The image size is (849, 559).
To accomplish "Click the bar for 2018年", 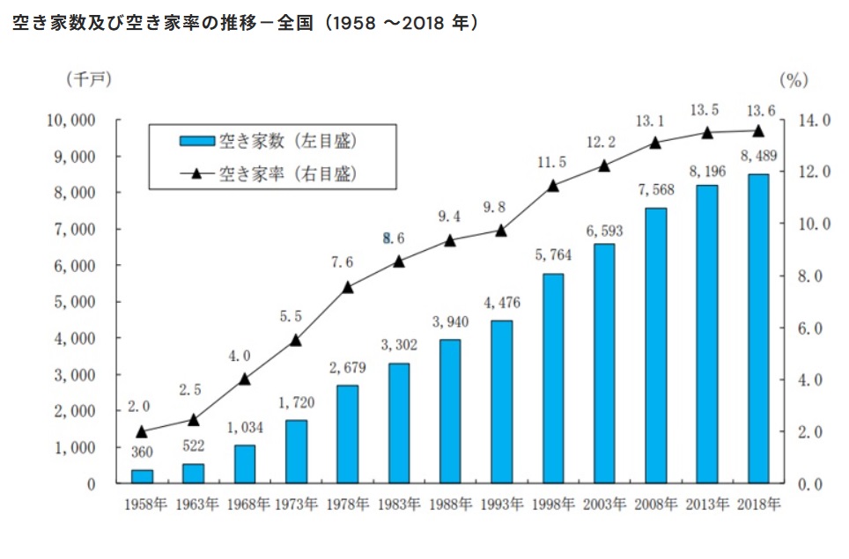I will coord(757,328).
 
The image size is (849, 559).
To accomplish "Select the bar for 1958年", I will coord(142,476).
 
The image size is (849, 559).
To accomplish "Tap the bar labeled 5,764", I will coord(552,379).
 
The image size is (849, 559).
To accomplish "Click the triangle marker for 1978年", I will coord(347,286).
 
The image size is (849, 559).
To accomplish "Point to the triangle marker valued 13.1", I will coord(655,142).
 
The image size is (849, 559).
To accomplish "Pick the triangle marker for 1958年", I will coord(142,431).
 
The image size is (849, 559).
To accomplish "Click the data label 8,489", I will coord(757,157).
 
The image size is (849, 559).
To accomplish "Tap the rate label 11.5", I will coord(552,162).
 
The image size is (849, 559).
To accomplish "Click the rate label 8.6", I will coord(398,238).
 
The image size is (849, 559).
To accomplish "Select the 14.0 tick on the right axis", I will coord(814,120).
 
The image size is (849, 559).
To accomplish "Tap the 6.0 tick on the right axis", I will coord(814,328).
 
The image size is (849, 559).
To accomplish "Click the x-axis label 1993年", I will coord(501,505).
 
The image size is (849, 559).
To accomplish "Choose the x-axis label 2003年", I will coord(603,505).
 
